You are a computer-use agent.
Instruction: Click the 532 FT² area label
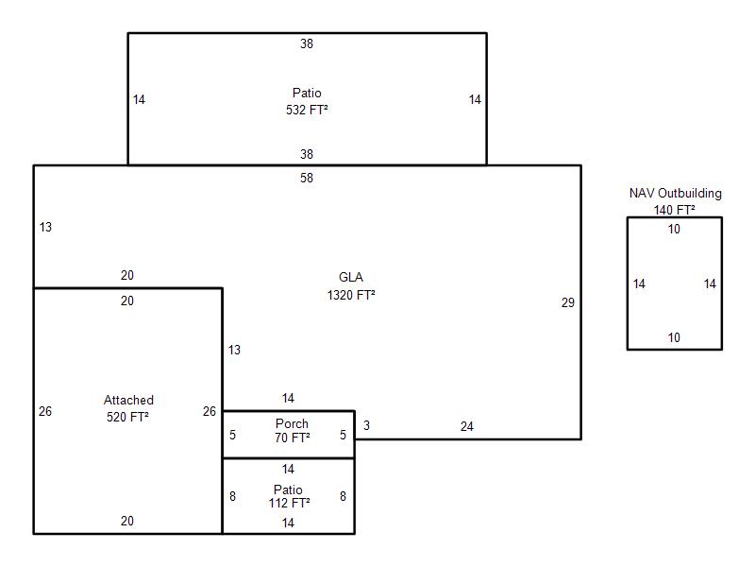(307, 110)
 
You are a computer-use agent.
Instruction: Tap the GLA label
(351, 278)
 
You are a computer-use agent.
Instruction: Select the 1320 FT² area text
(351, 295)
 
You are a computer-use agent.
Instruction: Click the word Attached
(128, 401)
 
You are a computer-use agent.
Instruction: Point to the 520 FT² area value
(128, 417)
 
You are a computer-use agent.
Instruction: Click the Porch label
(292, 423)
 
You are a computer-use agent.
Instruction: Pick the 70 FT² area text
(292, 438)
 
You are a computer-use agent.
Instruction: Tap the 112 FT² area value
(288, 503)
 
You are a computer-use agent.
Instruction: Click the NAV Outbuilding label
(675, 194)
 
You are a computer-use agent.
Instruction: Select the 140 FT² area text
(675, 210)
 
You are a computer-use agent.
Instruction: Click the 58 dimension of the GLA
(307, 178)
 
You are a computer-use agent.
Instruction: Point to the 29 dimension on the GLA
(567, 303)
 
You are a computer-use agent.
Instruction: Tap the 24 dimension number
(467, 427)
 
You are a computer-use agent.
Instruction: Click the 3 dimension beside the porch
(366, 426)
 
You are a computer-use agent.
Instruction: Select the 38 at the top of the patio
(307, 43)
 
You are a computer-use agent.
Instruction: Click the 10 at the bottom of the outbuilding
(674, 338)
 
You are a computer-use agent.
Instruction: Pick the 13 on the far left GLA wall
(45, 227)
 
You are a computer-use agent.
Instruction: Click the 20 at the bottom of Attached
(127, 521)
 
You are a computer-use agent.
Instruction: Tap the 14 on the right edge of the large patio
(475, 99)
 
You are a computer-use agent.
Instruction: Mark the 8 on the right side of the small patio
(343, 496)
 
